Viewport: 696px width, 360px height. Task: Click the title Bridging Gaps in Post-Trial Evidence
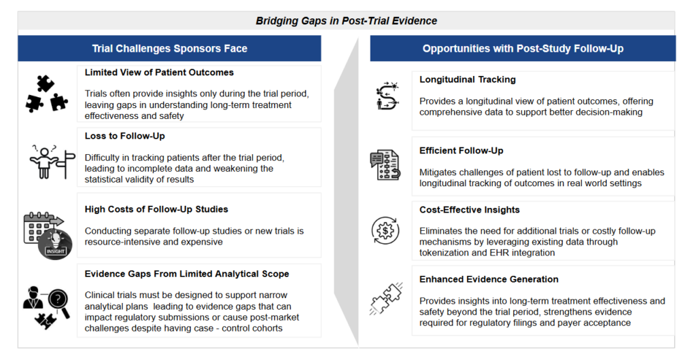point(346,21)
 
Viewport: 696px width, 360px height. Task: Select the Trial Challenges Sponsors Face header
point(170,49)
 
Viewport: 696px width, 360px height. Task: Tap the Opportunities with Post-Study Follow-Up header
point(523,49)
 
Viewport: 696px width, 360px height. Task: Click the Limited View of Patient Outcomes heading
point(159,73)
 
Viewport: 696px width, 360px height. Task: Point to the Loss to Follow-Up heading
point(125,136)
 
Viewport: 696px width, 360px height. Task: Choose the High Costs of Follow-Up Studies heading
point(156,209)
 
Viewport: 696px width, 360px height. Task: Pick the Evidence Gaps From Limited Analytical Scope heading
point(187,274)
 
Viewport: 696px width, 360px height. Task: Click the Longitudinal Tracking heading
point(468,79)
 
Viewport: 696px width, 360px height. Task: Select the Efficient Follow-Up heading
point(462,150)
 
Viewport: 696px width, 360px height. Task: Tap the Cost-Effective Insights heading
point(470,210)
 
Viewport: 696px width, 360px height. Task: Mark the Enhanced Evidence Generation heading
point(489,279)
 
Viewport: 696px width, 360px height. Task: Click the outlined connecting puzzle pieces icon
point(386,298)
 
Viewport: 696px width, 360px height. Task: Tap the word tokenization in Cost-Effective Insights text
point(448,253)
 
